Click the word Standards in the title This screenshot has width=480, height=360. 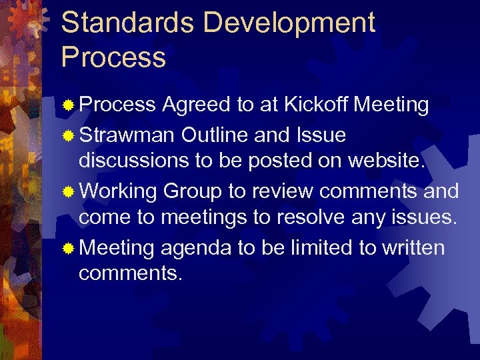[127, 23]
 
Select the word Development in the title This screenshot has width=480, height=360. [289, 23]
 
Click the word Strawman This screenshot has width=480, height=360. [127, 135]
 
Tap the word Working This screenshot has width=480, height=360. [118, 191]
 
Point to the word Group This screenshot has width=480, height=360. [192, 191]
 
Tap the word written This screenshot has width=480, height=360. [413, 248]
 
